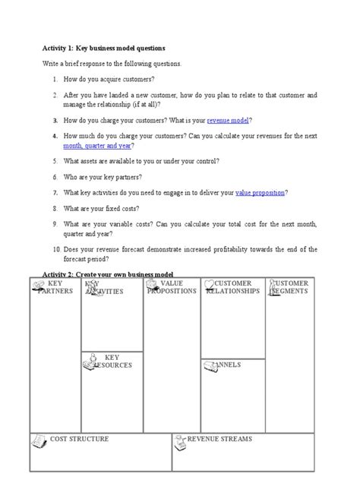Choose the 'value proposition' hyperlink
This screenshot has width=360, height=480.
(260, 193)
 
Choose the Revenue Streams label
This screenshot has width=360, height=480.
(219, 439)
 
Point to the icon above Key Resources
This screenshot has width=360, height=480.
(91, 356)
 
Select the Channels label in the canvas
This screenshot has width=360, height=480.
(226, 365)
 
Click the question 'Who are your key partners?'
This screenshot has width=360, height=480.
(113, 177)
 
